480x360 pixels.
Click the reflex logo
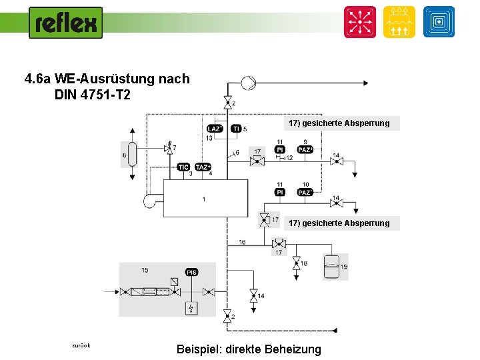(65, 23)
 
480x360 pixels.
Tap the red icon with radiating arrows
(359, 21)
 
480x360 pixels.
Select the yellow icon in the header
(399, 21)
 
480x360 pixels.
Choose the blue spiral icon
(438, 21)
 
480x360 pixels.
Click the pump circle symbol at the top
(247, 83)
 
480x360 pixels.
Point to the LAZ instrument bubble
(215, 129)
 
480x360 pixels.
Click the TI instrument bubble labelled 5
(235, 129)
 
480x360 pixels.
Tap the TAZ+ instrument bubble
(203, 167)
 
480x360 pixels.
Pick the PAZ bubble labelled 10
(305, 192)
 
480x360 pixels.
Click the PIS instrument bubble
(191, 273)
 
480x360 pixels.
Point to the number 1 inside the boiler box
(204, 199)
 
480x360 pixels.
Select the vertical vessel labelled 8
(132, 155)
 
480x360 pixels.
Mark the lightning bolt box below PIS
(192, 308)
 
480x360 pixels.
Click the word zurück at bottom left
(81, 345)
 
